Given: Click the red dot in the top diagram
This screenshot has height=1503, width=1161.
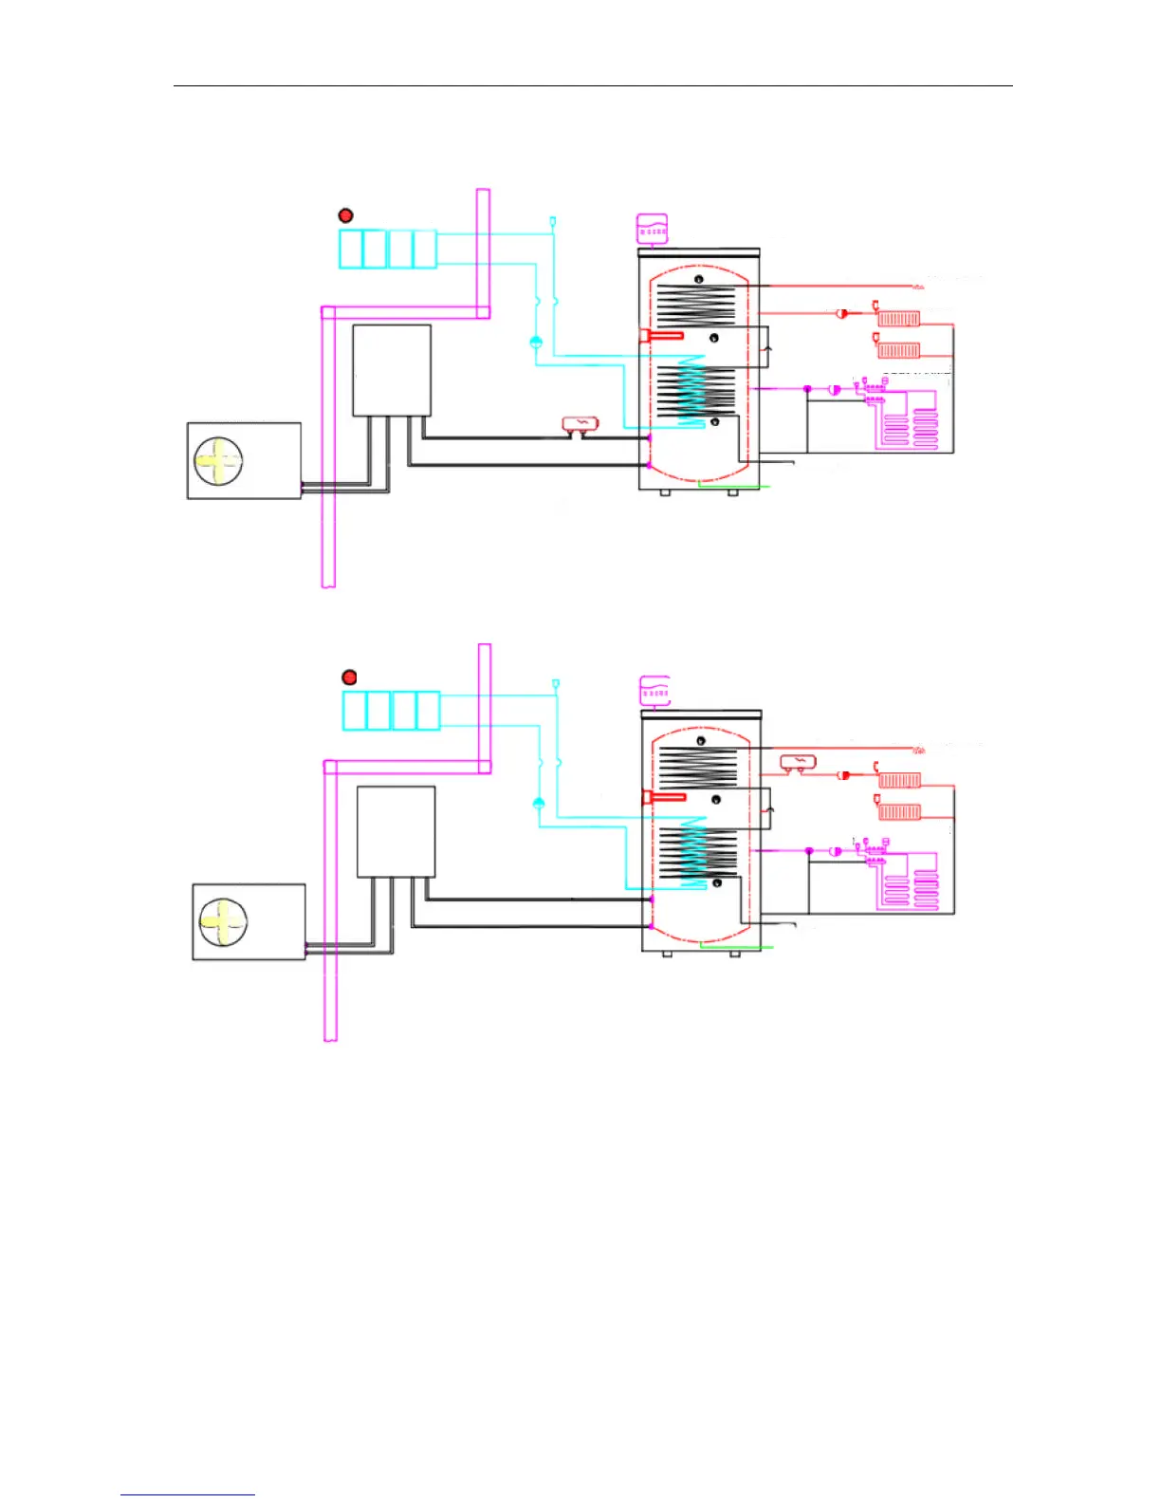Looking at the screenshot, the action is [x=345, y=215].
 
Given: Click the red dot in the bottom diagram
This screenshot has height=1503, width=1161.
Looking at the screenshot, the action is [x=349, y=677].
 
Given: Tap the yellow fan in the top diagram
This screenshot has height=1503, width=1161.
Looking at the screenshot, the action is [x=219, y=461].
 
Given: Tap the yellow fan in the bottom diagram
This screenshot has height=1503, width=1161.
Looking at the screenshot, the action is [x=224, y=922].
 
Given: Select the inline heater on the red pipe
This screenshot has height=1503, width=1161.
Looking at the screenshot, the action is [x=798, y=762].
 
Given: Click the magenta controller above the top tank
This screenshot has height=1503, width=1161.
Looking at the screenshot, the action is [x=652, y=229].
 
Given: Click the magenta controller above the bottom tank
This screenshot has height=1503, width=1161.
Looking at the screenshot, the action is [x=654, y=692].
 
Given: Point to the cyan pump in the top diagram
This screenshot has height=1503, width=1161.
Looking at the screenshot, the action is [x=536, y=343].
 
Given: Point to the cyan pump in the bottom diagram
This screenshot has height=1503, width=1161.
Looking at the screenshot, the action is [x=539, y=805].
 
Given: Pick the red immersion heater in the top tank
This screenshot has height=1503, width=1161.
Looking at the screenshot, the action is [x=662, y=335].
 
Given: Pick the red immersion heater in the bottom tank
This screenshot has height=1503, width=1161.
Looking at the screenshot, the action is [x=665, y=796].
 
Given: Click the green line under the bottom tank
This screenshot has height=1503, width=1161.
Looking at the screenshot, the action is [x=736, y=946].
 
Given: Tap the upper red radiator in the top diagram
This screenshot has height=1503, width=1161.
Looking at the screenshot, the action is [x=898, y=319].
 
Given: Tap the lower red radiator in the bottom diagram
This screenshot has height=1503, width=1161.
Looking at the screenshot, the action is [x=899, y=812].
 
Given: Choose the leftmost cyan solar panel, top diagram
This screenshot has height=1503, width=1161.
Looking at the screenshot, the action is [x=351, y=249].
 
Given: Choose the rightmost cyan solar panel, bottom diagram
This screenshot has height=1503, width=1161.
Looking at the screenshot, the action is [x=429, y=711].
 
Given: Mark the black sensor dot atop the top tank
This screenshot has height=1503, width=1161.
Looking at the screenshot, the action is [x=699, y=279].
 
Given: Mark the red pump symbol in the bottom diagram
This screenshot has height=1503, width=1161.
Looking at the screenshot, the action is [x=842, y=775].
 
